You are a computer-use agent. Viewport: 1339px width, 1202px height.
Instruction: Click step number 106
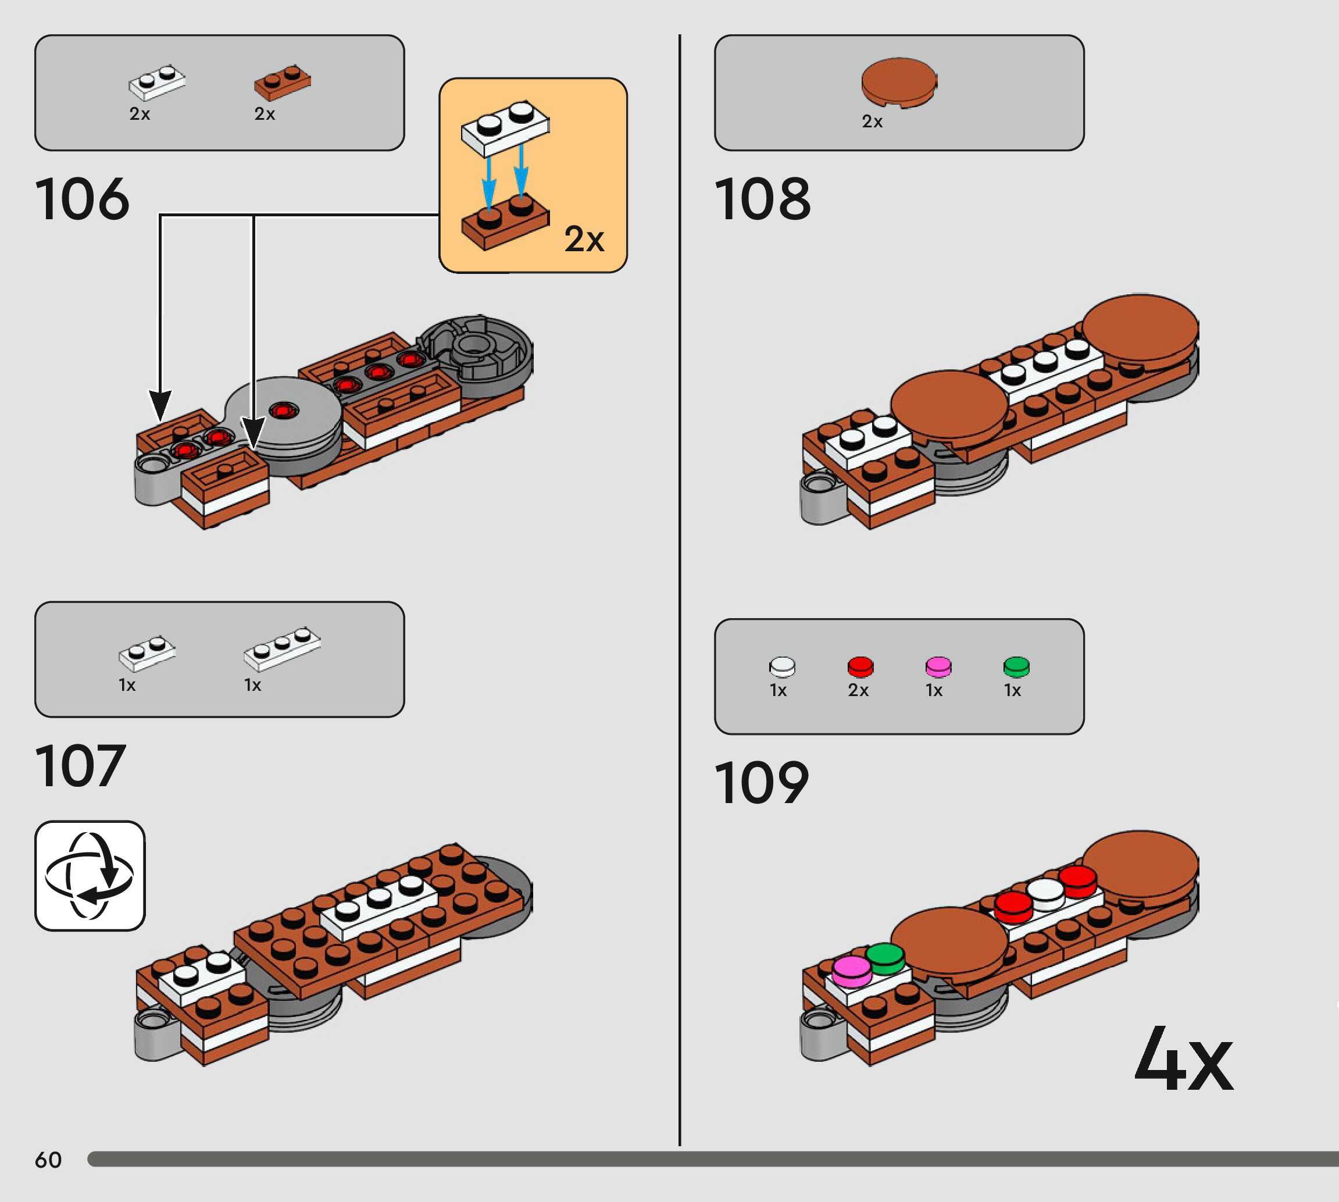click(x=82, y=199)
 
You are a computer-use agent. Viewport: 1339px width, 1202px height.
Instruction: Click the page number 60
click(x=48, y=1160)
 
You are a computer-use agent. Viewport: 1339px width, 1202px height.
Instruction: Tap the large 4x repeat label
click(x=1183, y=1060)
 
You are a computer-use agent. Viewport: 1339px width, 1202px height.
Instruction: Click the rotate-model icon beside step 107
click(x=90, y=876)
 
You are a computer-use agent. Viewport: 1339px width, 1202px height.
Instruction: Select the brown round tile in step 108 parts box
click(x=899, y=82)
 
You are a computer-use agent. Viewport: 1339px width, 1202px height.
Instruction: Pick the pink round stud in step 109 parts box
click(x=938, y=666)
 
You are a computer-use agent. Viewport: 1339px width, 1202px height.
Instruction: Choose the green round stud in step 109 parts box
click(x=1016, y=666)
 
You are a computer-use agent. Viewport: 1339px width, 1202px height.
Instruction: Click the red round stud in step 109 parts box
click(x=860, y=666)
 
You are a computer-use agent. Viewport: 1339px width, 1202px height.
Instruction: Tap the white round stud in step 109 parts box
click(x=783, y=666)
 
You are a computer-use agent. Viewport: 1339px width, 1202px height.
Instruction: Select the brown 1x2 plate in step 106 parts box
click(x=283, y=83)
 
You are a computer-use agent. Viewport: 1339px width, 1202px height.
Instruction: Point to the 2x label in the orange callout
click(x=584, y=239)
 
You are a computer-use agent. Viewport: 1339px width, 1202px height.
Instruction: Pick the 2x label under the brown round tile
click(x=872, y=122)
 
